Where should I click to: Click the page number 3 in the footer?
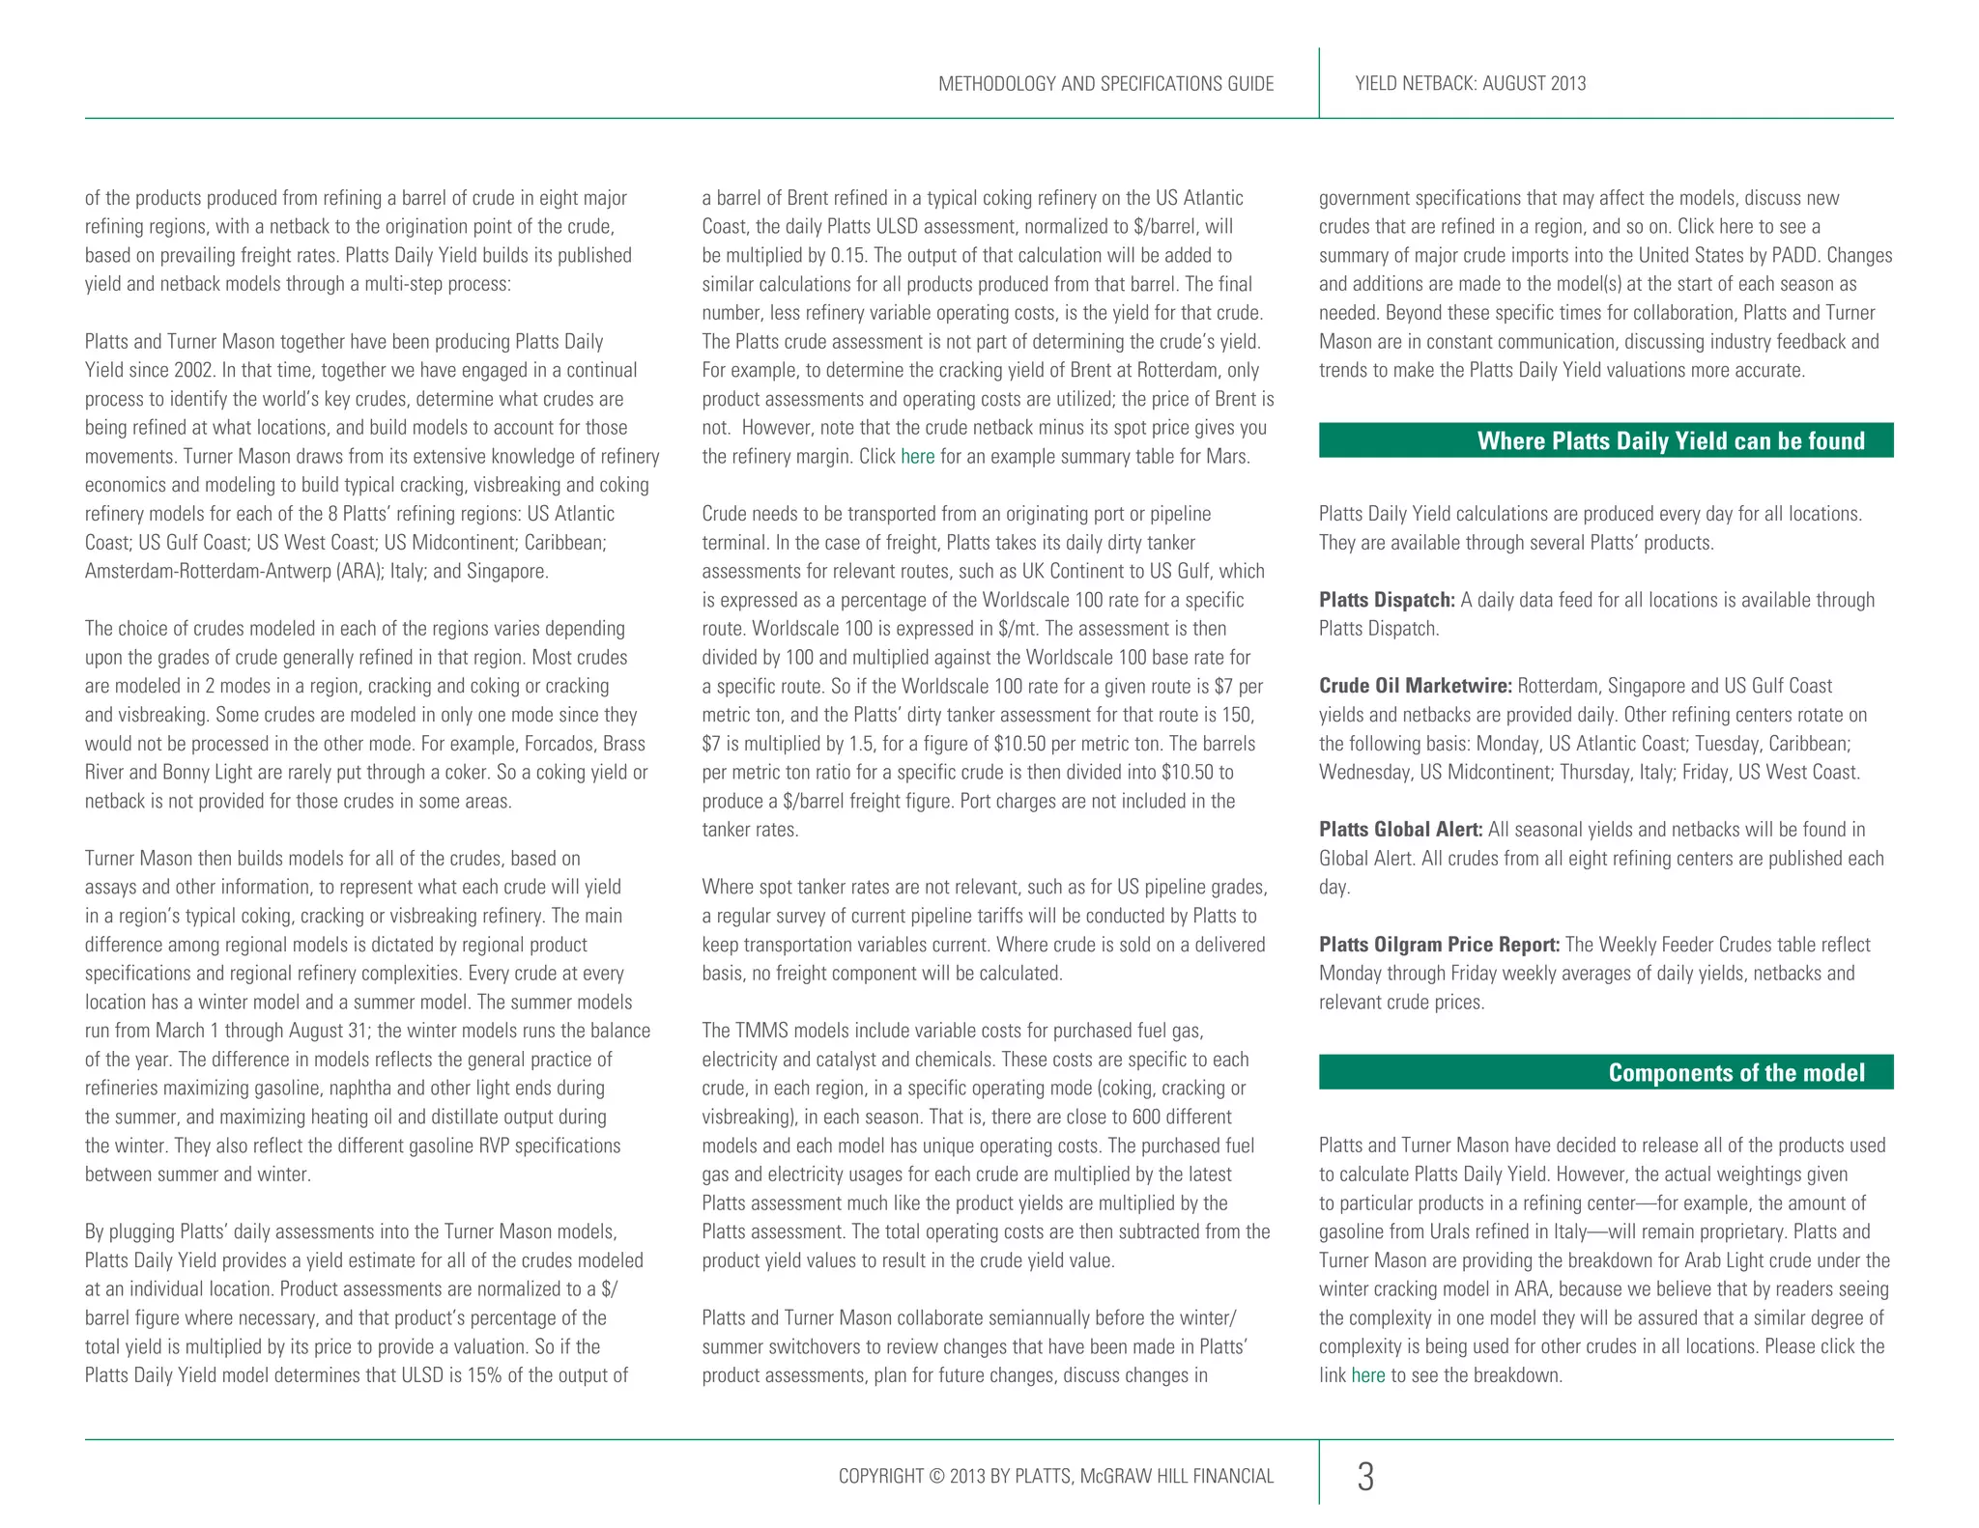pos(1364,1476)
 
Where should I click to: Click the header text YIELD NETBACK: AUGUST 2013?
pos(1470,84)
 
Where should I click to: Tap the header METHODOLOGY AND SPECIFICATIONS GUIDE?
pos(1105,84)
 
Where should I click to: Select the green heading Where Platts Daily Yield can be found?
pos(1670,440)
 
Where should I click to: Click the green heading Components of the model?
pos(1735,1072)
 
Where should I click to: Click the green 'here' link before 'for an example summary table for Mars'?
pos(917,456)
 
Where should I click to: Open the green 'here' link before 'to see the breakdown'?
pos(1367,1374)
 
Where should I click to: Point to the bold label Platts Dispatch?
pos(1386,600)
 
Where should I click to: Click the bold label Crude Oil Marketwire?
pos(1415,686)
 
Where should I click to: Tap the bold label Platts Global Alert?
pos(1400,829)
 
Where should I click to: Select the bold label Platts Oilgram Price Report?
pos(1439,944)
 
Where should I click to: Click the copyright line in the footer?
pos(1055,1476)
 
